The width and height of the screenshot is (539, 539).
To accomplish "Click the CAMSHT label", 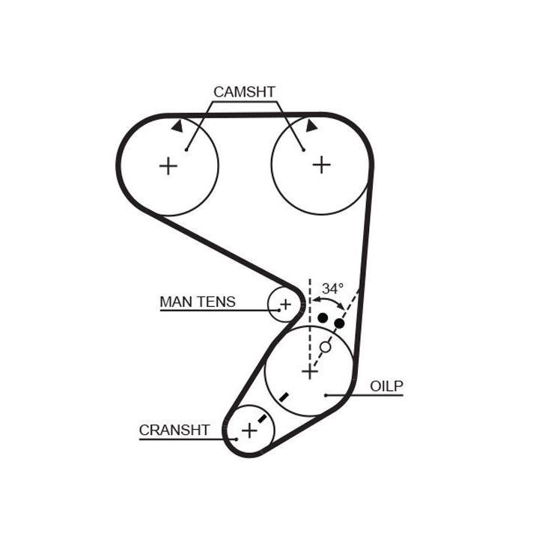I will pos(244,91).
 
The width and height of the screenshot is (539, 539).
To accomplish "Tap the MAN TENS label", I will pos(197,302).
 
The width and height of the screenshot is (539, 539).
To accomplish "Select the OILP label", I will pos(386,386).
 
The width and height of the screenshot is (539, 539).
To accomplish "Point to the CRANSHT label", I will pos(174,430).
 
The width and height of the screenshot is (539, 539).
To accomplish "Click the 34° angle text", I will pos(332,288).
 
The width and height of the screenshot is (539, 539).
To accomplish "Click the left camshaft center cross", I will pos(168,165).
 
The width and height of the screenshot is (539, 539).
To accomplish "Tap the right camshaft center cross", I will pos(321,164).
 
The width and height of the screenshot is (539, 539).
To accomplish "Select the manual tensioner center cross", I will pos(284,304).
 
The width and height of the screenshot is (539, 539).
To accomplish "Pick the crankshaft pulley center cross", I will pos(249,430).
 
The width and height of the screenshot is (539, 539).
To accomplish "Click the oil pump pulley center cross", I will pos(308,371).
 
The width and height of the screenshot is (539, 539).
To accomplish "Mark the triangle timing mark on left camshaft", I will pos(177,127).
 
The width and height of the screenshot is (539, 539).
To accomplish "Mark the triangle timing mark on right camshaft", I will pos(311,126).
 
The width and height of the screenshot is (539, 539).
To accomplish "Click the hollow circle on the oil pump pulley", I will pos(325,347).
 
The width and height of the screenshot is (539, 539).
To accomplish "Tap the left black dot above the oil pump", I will pos(322,318).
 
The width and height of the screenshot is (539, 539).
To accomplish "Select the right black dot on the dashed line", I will pos(339,323).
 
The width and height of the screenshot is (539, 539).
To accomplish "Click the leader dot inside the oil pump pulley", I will pos(326,395).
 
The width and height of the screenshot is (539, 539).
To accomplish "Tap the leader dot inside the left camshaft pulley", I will pos(186,150).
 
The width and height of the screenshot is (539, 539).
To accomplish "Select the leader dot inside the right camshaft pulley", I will pos(303,150).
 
